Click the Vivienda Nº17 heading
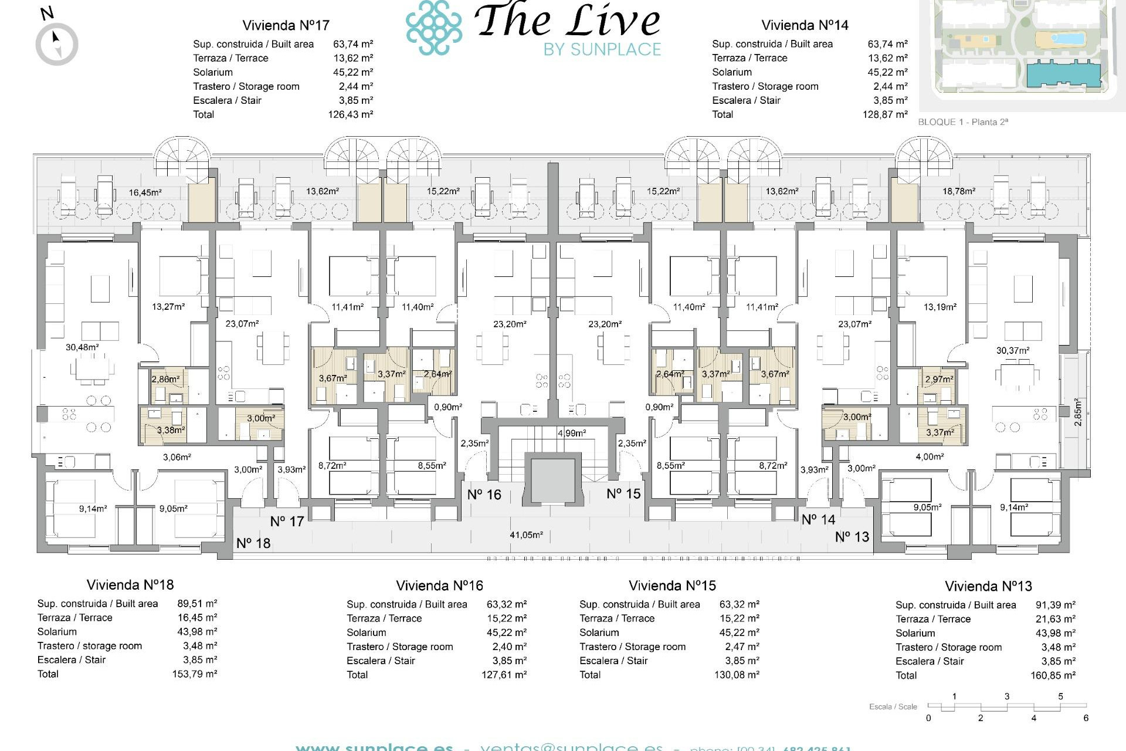click(x=286, y=25)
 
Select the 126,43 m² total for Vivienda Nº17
click(x=350, y=114)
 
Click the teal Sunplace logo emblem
click(x=433, y=28)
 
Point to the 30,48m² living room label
click(x=82, y=347)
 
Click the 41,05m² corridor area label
click(x=526, y=535)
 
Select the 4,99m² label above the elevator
click(x=571, y=433)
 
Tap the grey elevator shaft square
click(x=553, y=479)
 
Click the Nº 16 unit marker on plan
click(x=484, y=495)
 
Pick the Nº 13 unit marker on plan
click(x=852, y=537)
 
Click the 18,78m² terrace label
click(x=959, y=191)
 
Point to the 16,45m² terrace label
click(x=145, y=192)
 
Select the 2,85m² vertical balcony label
click(x=1077, y=412)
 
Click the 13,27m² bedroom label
click(x=168, y=307)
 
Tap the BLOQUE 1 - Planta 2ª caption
click(x=962, y=122)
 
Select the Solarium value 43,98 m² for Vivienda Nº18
click(x=197, y=631)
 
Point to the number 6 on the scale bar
click(x=1086, y=718)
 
